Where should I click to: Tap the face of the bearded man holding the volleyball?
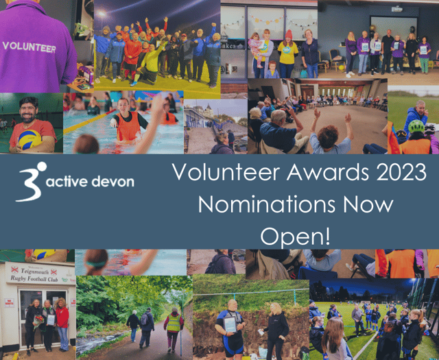click(27, 110)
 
